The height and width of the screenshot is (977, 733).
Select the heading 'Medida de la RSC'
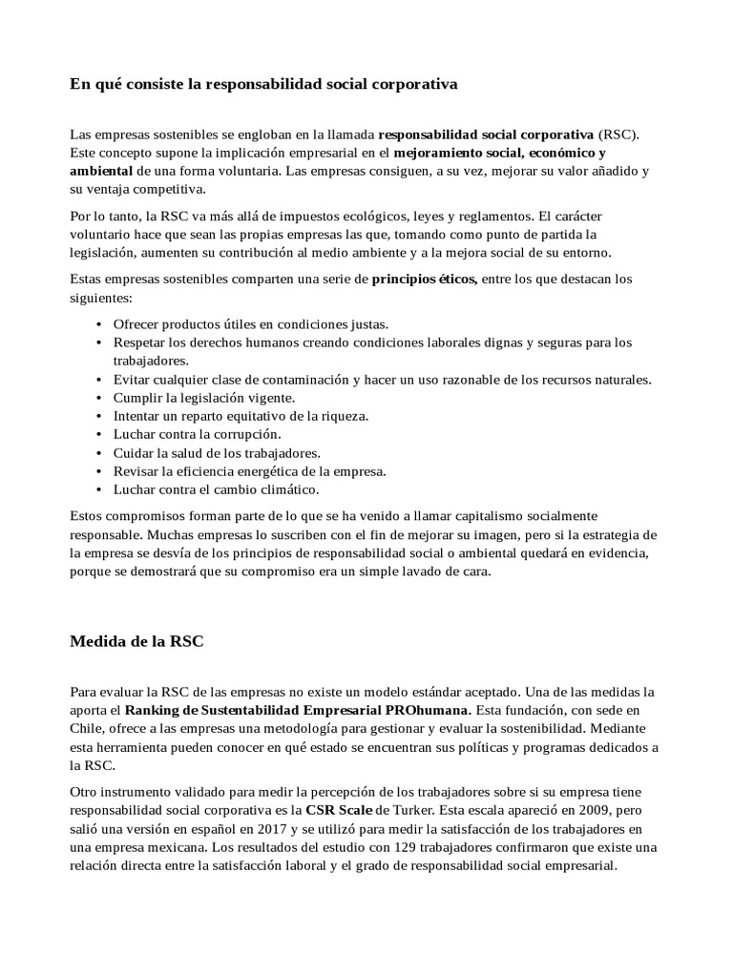tap(136, 641)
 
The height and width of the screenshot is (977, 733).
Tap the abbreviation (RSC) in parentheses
tap(618, 134)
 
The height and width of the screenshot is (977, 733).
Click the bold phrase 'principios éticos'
tap(425, 280)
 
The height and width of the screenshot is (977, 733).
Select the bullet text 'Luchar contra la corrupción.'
tap(197, 434)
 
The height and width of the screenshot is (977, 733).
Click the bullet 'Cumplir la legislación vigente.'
tap(204, 397)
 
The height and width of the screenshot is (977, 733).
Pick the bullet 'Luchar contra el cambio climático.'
tap(216, 489)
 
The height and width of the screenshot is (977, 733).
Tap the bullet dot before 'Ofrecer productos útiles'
tap(99, 324)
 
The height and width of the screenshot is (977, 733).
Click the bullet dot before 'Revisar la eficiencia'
tap(99, 471)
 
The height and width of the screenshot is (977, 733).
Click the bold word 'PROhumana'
tap(429, 710)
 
